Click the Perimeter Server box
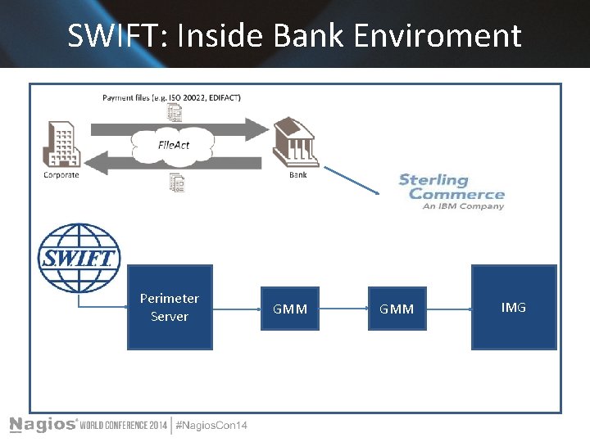[170, 307]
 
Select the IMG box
[514, 307]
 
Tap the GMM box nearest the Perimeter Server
[290, 309]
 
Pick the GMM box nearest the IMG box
[397, 309]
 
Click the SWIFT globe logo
[79, 254]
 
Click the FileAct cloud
[173, 145]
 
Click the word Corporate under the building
[61, 174]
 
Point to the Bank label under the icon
[298, 174]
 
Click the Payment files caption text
[171, 97]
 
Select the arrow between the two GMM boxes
[343, 309]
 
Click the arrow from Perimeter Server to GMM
[236, 309]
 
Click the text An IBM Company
[463, 206]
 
